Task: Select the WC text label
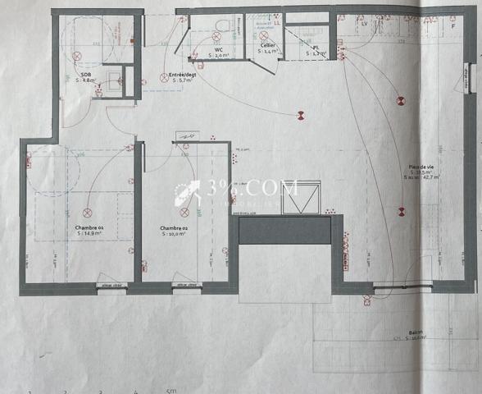point(219,50)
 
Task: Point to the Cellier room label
point(267,45)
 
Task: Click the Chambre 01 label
point(89,227)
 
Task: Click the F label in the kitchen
point(452,25)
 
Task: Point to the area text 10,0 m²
point(174,234)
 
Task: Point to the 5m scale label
point(171,391)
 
